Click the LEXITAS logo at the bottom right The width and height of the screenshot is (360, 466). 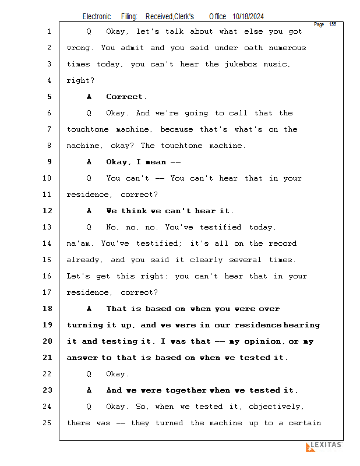coord(324,446)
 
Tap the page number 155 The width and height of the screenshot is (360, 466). coord(333,24)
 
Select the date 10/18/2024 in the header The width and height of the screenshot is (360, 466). coord(248,17)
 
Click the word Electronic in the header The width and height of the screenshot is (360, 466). coord(97,17)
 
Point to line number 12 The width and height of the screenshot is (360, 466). coord(47,211)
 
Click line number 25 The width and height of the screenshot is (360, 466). coord(47,423)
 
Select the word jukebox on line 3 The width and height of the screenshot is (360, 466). coord(241,64)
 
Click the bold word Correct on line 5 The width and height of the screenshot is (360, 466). coord(124,97)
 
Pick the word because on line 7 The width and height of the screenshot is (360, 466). coord(177,129)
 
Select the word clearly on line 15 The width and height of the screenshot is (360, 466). coord(206,260)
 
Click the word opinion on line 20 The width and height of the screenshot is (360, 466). coord(262,341)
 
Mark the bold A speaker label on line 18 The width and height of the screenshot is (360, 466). coord(89,309)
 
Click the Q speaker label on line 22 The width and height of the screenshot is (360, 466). coord(89,374)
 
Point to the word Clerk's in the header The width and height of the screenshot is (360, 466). coord(184,17)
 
